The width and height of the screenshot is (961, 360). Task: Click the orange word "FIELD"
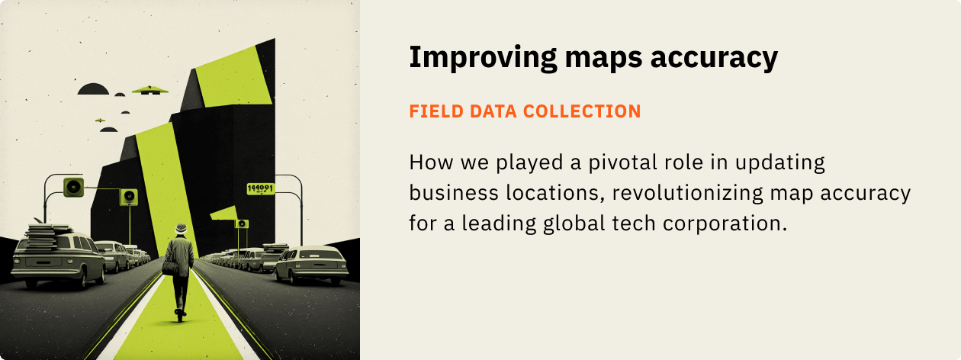pos(432,111)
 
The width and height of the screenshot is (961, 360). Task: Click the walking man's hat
pos(181,227)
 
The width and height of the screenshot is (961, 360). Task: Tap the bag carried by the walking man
pos(169,267)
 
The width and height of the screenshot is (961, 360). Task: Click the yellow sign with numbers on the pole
pos(261,188)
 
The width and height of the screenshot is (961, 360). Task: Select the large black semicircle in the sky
pos(94,89)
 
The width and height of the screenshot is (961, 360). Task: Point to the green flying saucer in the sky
pos(150,90)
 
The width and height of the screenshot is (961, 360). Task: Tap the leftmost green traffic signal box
pos(73,185)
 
